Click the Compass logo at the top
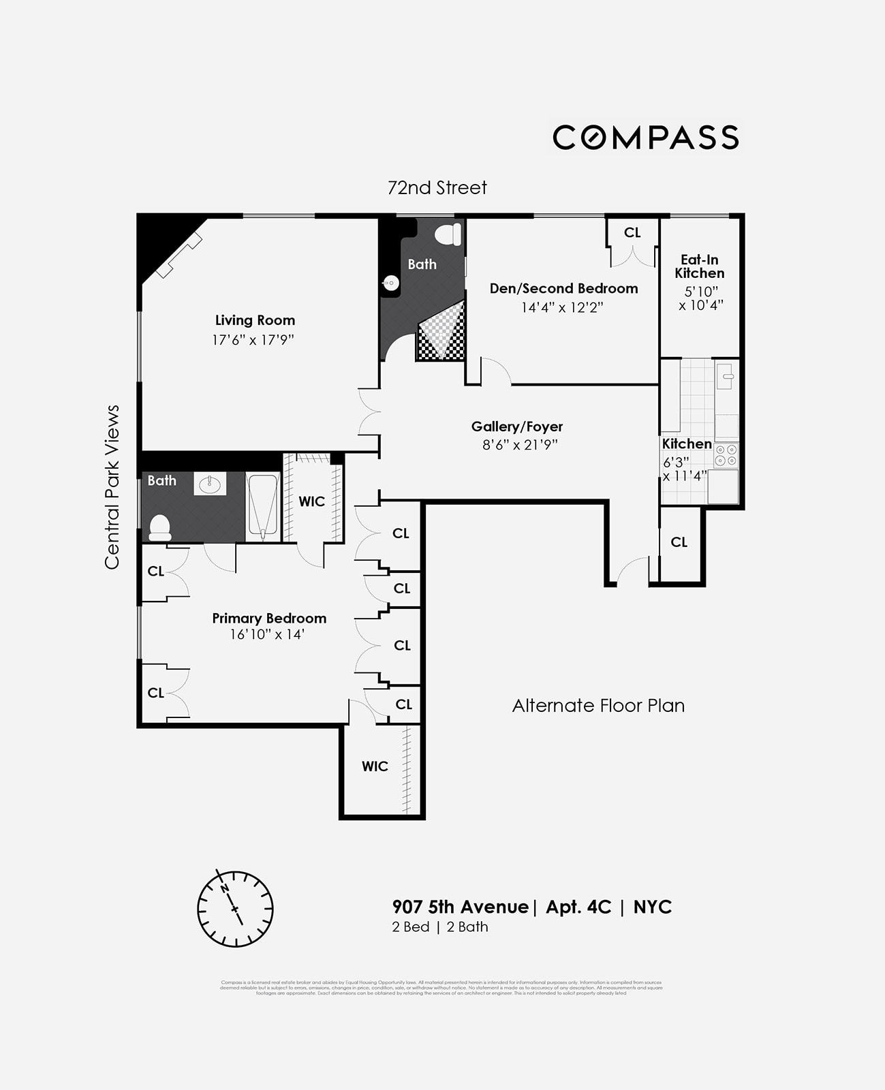click(x=645, y=137)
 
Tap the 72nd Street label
click(x=437, y=187)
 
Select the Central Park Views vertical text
click(x=112, y=486)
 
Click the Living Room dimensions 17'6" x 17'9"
click(x=253, y=339)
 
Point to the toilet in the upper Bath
click(x=448, y=234)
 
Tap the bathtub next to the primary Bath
click(x=262, y=504)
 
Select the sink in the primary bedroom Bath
click(x=210, y=484)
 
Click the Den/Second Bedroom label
click(x=563, y=288)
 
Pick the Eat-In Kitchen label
click(x=699, y=266)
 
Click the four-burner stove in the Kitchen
click(x=726, y=455)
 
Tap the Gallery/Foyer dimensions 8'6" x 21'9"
click(x=516, y=445)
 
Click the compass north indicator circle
click(x=235, y=908)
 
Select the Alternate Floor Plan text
click(x=598, y=706)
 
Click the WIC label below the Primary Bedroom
click(x=375, y=766)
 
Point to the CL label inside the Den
click(x=632, y=232)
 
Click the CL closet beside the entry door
click(x=679, y=542)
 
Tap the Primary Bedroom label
click(x=269, y=618)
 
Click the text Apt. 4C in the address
click(x=578, y=907)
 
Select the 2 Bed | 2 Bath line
click(x=439, y=926)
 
